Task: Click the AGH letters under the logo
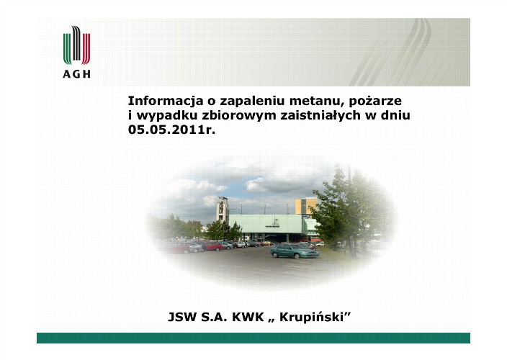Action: pyautogui.click(x=76, y=74)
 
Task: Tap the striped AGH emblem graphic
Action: pyautogui.click(x=76, y=45)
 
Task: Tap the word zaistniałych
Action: pyautogui.click(x=320, y=116)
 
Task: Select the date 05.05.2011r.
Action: pyautogui.click(x=171, y=130)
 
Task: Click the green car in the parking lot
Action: pyautogui.click(x=295, y=251)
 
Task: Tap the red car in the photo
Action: pyautogui.click(x=213, y=247)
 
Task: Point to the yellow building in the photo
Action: pyautogui.click(x=304, y=207)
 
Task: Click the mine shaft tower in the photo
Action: pyautogui.click(x=223, y=210)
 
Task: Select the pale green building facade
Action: pyautogui.click(x=266, y=224)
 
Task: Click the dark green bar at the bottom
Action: pyautogui.click(x=253, y=338)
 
